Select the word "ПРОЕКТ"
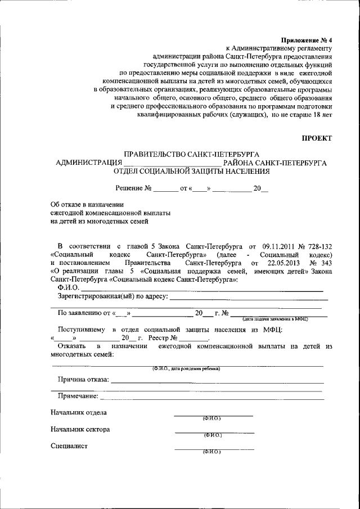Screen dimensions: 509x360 point(317,138)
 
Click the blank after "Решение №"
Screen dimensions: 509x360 point(165,190)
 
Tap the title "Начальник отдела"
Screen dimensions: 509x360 point(78,413)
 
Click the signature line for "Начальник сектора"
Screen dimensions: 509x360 point(214,432)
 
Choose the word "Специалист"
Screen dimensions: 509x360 point(69,447)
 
